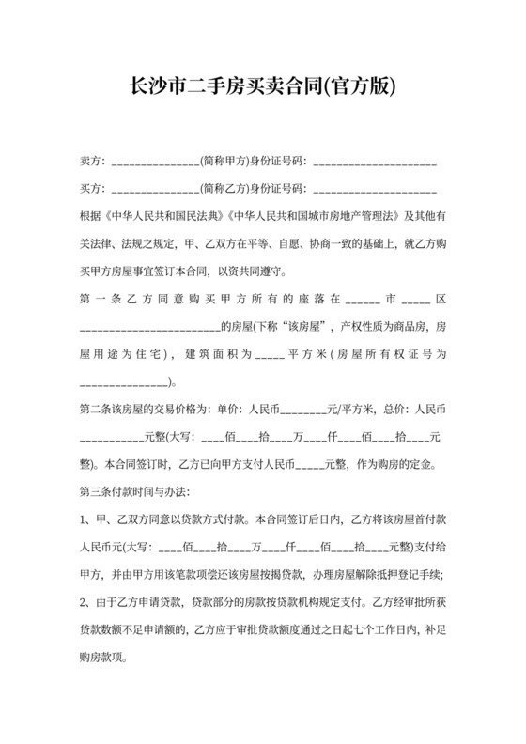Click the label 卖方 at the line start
pyautogui.click(x=90, y=162)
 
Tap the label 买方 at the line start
pyautogui.click(x=90, y=189)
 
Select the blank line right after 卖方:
pyautogui.click(x=154, y=163)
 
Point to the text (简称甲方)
pyautogui.click(x=225, y=162)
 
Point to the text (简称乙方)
pyautogui.click(x=225, y=189)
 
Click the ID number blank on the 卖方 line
pyautogui.click(x=377, y=163)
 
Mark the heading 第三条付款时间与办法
pyautogui.click(x=135, y=490)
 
